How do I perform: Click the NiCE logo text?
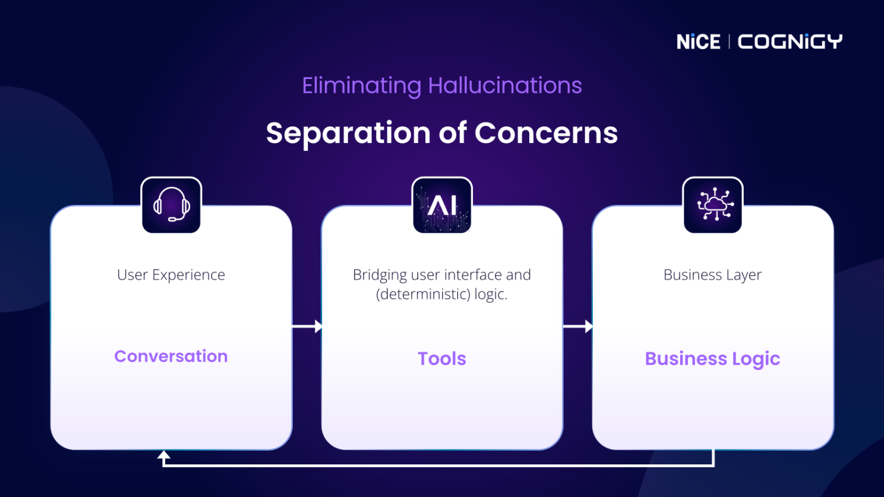coord(698,42)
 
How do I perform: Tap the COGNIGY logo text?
coord(790,42)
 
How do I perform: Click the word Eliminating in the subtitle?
coord(361,86)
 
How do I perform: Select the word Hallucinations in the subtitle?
coord(504,86)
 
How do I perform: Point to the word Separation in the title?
coord(348,133)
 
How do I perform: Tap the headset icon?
coord(171,205)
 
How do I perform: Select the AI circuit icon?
coord(442,205)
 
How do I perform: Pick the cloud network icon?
coord(712,205)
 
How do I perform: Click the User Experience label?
coord(171,275)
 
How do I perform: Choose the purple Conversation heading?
coord(171,356)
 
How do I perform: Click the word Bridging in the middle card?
coord(380,275)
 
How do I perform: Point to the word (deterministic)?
coord(422,294)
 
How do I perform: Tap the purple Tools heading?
coord(442,359)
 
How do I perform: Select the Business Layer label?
coord(712,275)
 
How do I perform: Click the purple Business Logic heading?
coord(712,359)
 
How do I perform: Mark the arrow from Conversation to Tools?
coord(307,327)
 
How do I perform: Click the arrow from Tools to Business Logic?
coord(577,327)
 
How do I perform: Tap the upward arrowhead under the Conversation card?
coord(164,456)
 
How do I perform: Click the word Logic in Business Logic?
coord(756,359)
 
